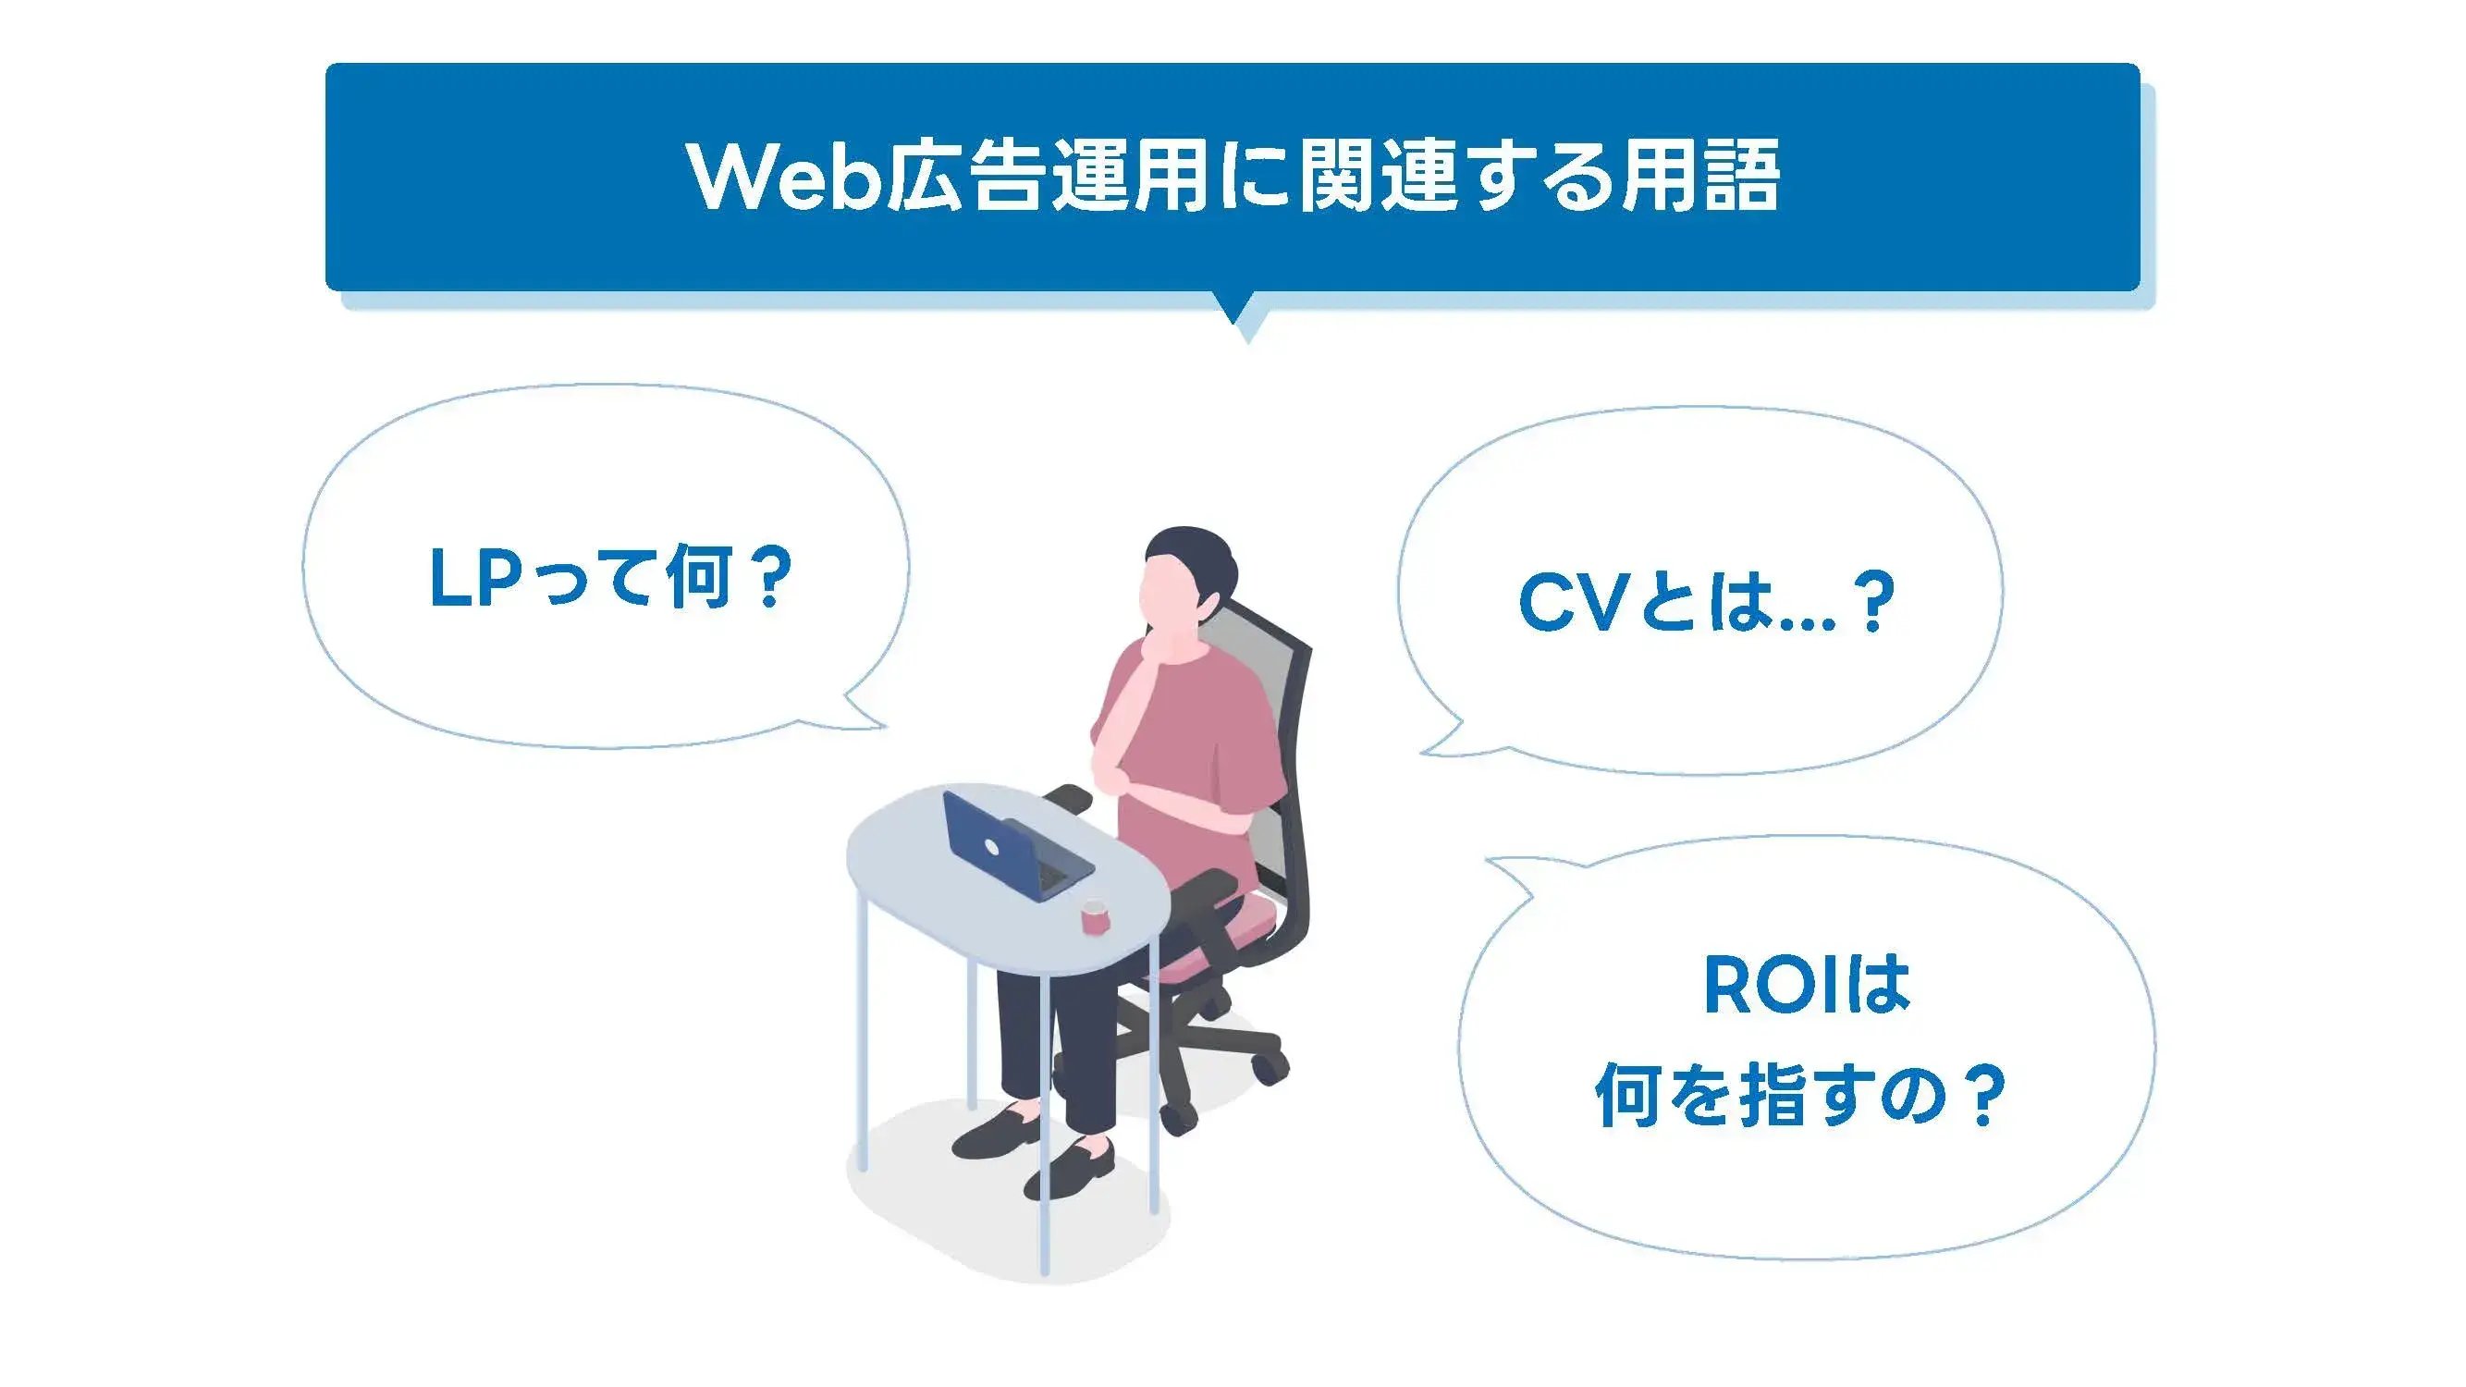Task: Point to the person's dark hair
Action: (1192, 550)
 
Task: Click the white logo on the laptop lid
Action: (992, 847)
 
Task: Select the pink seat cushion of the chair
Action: (1235, 924)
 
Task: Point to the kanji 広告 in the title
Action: (963, 178)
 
